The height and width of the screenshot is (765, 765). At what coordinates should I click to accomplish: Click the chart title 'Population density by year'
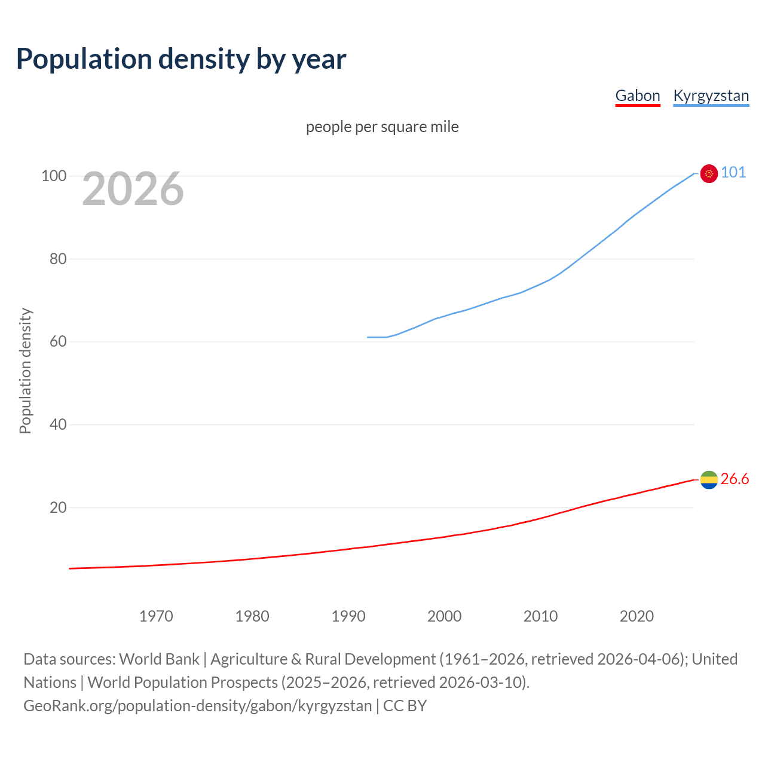coord(181,59)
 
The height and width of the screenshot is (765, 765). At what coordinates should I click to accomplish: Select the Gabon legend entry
coord(638,96)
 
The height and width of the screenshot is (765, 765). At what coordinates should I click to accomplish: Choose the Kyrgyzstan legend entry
coord(711,96)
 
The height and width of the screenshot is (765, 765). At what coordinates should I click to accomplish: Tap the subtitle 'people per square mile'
coord(382,127)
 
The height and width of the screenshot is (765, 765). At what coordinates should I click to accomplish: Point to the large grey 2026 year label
coord(133,189)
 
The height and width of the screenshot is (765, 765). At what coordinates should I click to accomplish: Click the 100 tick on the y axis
coord(54,176)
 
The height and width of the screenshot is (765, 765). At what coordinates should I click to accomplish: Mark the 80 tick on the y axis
coord(58,259)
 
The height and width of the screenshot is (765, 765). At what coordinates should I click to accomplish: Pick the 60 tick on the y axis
coord(58,342)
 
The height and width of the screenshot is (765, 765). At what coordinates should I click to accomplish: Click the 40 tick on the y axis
coord(58,424)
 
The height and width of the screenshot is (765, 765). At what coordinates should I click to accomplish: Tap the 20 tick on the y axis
coord(58,507)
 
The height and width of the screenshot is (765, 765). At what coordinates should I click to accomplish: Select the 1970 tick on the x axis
coord(156,616)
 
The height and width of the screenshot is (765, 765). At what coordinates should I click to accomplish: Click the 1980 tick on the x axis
coord(252,616)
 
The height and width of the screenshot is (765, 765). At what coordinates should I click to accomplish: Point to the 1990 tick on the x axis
coord(348,616)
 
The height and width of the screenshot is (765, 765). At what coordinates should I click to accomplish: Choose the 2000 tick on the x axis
coord(445,616)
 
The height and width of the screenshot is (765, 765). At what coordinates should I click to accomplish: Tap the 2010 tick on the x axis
coord(541,616)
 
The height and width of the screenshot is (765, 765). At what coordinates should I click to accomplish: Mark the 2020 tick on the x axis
coord(637,616)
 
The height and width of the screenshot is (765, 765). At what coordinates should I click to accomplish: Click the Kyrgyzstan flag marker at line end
coord(709,173)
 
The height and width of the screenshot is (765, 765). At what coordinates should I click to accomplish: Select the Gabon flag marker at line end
coord(709,480)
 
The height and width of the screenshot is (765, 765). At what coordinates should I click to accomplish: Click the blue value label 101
coord(733,173)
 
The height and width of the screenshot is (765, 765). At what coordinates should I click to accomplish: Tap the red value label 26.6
coord(735,479)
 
